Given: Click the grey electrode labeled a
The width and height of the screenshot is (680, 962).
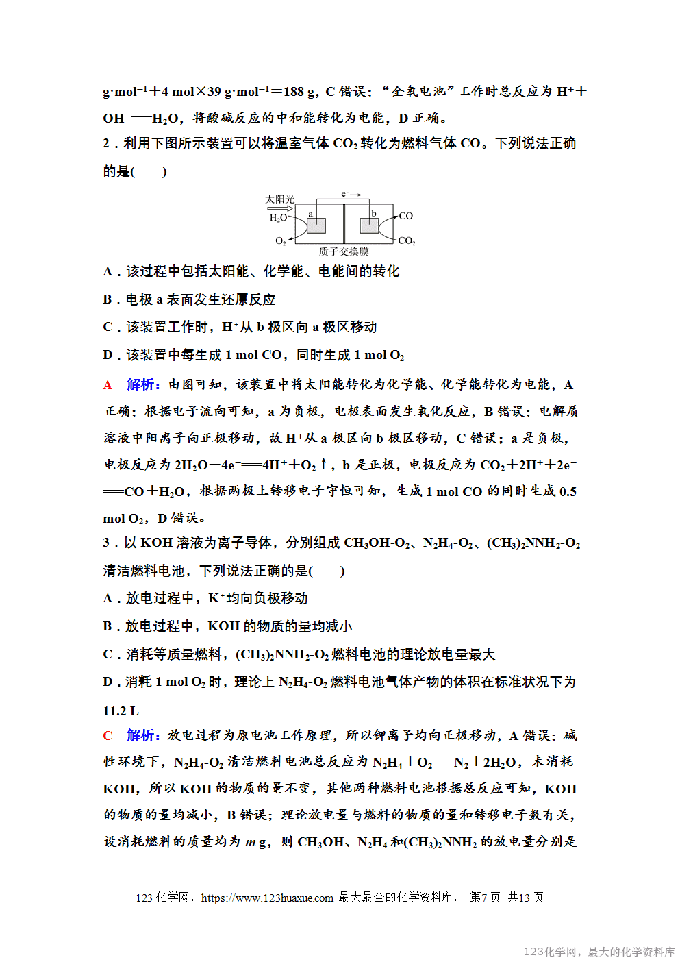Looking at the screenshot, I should click(x=316, y=225).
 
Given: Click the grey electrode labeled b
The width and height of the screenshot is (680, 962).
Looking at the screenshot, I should click(x=369, y=225).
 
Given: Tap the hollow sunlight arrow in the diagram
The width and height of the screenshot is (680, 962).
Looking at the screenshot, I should click(x=280, y=208).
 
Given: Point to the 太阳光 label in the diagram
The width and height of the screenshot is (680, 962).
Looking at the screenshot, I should click(x=279, y=199).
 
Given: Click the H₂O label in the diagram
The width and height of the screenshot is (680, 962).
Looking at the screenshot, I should click(x=278, y=218).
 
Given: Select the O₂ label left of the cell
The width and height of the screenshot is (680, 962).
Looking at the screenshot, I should click(x=281, y=241).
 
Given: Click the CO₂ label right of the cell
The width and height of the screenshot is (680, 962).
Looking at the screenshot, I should click(x=407, y=241).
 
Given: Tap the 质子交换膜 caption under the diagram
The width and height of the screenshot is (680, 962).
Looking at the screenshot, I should click(x=344, y=251).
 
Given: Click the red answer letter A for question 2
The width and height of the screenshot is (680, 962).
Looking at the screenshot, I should click(x=108, y=385).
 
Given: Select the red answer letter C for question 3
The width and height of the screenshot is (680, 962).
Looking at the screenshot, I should click(x=108, y=736).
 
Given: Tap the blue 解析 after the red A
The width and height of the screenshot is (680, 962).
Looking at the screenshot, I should click(x=143, y=384).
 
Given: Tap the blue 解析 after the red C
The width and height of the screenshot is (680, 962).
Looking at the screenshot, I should click(x=143, y=735).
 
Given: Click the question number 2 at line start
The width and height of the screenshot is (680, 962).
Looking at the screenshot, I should click(x=106, y=144).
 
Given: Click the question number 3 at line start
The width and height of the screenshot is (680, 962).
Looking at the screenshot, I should click(x=106, y=543).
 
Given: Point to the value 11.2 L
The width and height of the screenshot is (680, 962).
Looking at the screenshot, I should click(x=121, y=711).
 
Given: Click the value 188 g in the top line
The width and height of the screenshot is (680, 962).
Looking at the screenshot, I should click(x=299, y=92).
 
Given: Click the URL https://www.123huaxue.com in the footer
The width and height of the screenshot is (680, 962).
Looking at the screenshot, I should click(x=267, y=898).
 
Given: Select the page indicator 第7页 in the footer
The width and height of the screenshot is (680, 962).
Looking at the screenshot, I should click(x=485, y=898).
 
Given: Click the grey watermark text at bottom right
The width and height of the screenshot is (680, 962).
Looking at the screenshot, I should click(x=599, y=952).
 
